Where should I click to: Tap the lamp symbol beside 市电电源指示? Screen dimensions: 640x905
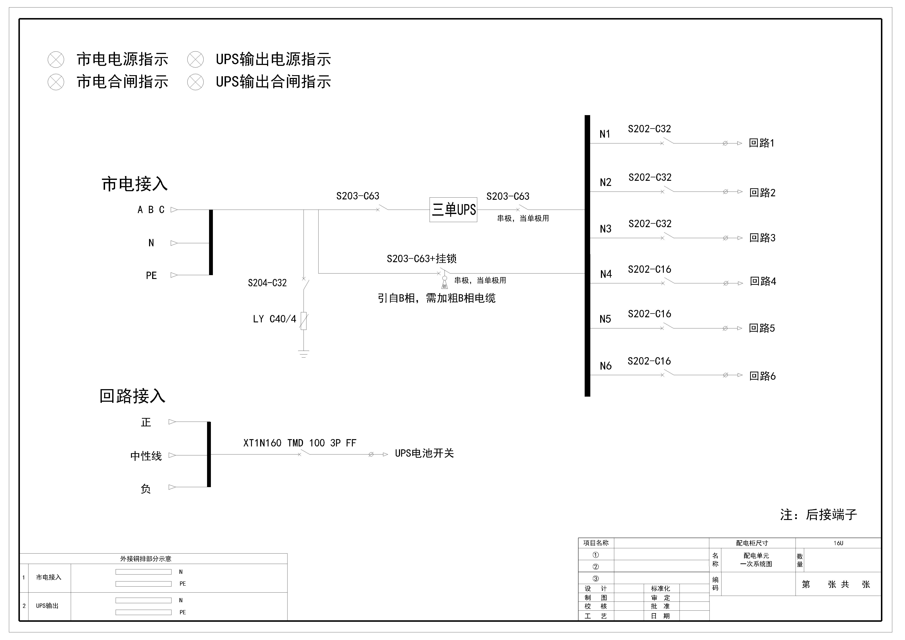pyautogui.click(x=56, y=60)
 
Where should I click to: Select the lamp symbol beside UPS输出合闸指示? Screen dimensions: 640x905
pyautogui.click(x=196, y=82)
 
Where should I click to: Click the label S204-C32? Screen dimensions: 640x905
pyautogui.click(x=267, y=283)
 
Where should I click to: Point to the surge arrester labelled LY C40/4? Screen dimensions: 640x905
pyautogui.click(x=304, y=321)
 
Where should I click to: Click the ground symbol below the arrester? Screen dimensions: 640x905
pyautogui.click(x=304, y=354)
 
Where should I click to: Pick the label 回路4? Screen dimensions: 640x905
pyautogui.click(x=763, y=281)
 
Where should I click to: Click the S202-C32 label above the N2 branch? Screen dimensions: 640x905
pyautogui.click(x=650, y=177)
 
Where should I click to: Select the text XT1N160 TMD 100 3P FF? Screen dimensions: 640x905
pyautogui.click(x=300, y=443)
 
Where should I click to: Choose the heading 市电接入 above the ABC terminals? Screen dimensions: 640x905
pyautogui.click(x=135, y=184)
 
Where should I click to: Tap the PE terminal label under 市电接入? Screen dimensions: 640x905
pyautogui.click(x=151, y=275)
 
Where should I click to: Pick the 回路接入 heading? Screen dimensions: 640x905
pyautogui.click(x=132, y=396)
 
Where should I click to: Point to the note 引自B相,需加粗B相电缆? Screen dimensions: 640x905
pyautogui.click(x=436, y=298)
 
